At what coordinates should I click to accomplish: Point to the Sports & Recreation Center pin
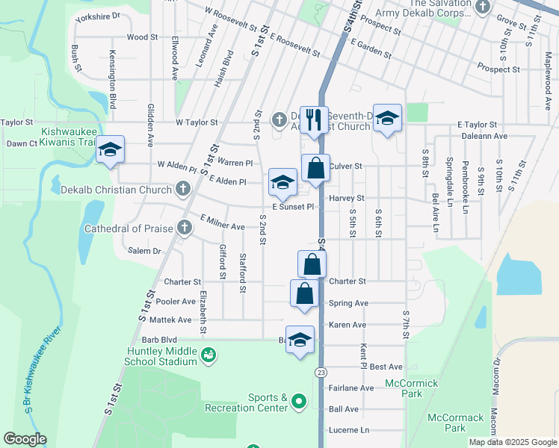click(299, 402)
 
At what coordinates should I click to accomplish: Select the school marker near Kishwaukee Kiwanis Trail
click(110, 150)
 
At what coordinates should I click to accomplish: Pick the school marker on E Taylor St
click(387, 118)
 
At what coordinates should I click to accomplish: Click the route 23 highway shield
click(321, 372)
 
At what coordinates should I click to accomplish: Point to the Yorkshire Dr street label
click(98, 16)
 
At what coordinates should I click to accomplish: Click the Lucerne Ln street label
click(349, 430)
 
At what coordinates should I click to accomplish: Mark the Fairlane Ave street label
click(350, 388)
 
